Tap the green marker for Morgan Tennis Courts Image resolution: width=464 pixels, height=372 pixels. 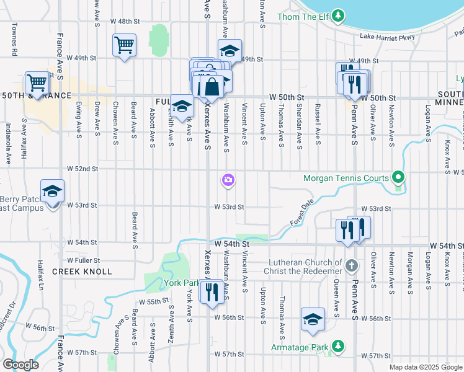[x=398, y=179]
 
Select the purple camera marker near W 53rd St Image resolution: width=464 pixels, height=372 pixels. [x=228, y=180]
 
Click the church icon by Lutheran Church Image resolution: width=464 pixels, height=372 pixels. [x=352, y=266]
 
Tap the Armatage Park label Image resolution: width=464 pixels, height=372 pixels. [x=299, y=347]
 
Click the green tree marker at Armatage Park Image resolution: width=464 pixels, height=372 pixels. [x=337, y=346]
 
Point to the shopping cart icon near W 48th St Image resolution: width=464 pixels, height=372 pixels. [x=124, y=45]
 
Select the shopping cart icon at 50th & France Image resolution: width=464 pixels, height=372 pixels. [x=37, y=82]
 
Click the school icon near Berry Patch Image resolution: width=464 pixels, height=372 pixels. [x=53, y=191]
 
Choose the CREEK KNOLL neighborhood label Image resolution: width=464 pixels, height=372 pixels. [x=82, y=272]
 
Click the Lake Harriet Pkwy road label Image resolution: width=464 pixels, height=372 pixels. [x=387, y=37]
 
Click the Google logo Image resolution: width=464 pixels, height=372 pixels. [x=20, y=365]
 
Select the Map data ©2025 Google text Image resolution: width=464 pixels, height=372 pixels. [x=425, y=367]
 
